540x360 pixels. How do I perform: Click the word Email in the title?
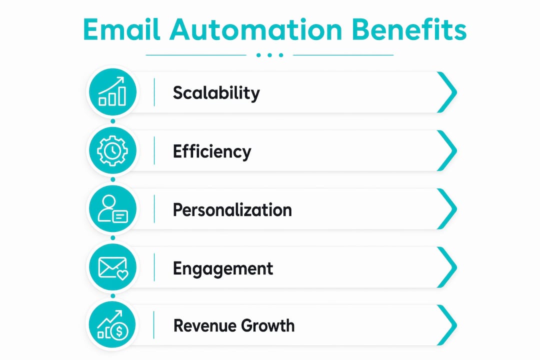pyautogui.click(x=122, y=29)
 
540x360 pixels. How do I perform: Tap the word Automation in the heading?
pyautogui.click(x=256, y=29)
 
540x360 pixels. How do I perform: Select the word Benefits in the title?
pyautogui.click(x=409, y=29)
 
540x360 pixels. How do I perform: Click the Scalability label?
pyautogui.click(x=216, y=93)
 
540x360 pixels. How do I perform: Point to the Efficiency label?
pyautogui.click(x=212, y=151)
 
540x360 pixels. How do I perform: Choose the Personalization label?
pyautogui.click(x=232, y=210)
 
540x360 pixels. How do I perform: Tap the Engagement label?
pyautogui.click(x=223, y=268)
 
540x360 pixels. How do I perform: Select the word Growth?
pyautogui.click(x=268, y=326)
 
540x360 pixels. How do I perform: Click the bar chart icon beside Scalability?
pyautogui.click(x=112, y=92)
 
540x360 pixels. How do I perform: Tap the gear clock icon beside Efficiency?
pyautogui.click(x=112, y=150)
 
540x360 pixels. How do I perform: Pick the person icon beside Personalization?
pyautogui.click(x=112, y=209)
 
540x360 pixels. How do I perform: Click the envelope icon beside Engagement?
pyautogui.click(x=112, y=267)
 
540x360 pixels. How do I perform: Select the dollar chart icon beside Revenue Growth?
pyautogui.click(x=112, y=325)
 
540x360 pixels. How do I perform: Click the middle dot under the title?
pyautogui.click(x=269, y=55)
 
